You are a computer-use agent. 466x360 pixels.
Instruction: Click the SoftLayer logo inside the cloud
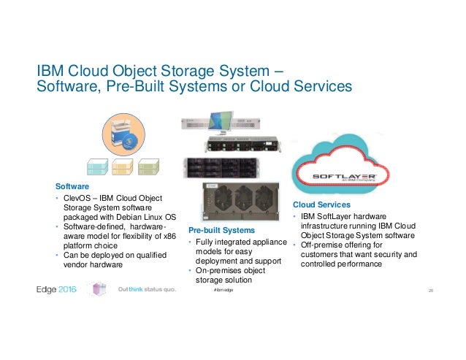click(x=344, y=177)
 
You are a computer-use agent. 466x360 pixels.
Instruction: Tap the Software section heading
click(x=61, y=187)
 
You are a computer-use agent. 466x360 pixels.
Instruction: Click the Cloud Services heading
click(x=321, y=204)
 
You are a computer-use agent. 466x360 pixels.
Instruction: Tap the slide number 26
click(x=432, y=291)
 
